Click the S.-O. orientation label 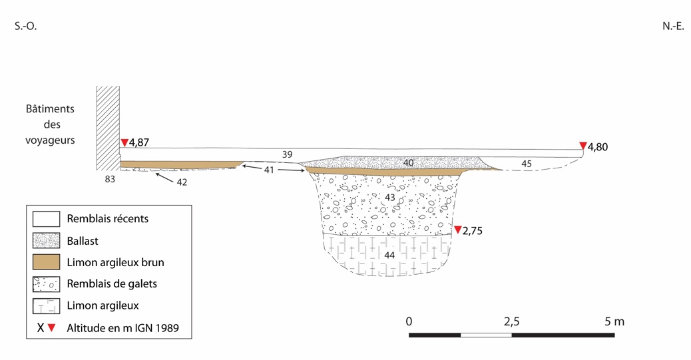[25, 26]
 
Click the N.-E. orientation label [673, 26]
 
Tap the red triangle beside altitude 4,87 [124, 142]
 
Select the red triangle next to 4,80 [583, 146]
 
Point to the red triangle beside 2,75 [458, 230]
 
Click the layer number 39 [288, 154]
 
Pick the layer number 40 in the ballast [409, 162]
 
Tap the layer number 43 [389, 197]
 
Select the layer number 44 [389, 255]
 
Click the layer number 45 [527, 164]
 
